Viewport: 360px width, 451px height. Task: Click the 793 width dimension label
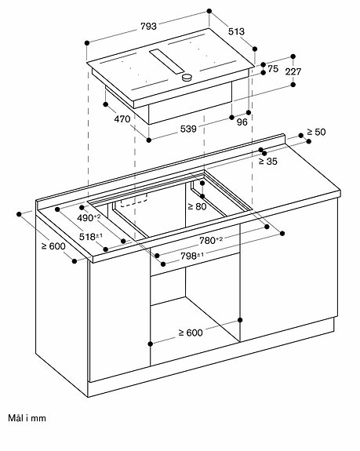[149, 27]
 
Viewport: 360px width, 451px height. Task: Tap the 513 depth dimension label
[236, 31]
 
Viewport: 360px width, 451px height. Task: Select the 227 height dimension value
[293, 71]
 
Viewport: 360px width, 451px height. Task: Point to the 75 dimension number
[273, 69]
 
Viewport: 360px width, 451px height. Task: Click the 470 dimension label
[122, 118]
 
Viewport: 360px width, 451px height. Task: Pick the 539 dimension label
[188, 129]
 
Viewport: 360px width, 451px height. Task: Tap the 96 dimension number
[242, 122]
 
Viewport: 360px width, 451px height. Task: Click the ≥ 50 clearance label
[316, 132]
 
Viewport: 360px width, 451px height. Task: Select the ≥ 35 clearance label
[268, 162]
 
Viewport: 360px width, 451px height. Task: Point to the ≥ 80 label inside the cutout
[197, 206]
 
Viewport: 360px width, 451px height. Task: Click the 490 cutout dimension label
[89, 218]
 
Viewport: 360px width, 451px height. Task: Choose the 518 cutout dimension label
[91, 237]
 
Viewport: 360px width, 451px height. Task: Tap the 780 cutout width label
[211, 240]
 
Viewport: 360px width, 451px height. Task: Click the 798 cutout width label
[192, 256]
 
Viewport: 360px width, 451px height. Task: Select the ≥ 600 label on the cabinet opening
[191, 333]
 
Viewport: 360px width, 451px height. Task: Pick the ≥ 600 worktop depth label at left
[53, 246]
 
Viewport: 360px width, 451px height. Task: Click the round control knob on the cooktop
[187, 77]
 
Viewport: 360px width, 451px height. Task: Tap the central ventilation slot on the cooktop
[167, 61]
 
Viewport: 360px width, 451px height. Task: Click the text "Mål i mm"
[27, 418]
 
